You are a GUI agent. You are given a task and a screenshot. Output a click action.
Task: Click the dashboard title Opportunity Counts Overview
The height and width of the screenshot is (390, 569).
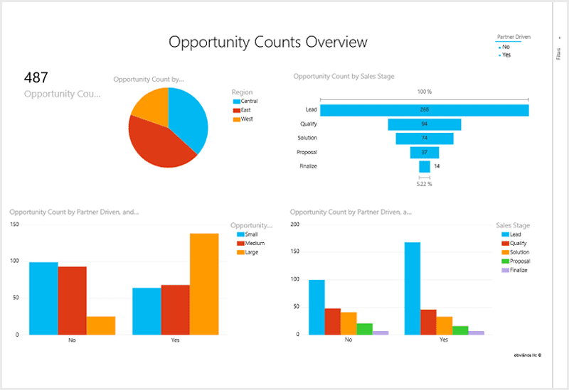point(268,42)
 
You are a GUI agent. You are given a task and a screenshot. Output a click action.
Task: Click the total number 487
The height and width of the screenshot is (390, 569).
point(36,77)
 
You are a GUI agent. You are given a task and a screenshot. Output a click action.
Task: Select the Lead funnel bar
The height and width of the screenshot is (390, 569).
point(424,110)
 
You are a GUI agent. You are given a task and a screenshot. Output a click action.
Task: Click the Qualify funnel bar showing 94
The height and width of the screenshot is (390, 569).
point(424,124)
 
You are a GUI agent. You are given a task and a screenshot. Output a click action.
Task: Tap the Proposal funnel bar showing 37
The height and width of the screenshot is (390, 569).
point(424,152)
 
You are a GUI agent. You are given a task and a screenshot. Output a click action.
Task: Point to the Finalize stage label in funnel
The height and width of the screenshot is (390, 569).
point(307,166)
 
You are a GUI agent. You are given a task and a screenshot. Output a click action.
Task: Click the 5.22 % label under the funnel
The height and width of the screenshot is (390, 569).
point(424,184)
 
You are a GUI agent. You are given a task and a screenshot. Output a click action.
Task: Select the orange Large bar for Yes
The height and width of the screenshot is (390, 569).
point(204,283)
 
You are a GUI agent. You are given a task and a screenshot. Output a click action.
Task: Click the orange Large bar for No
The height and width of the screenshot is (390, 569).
point(101,325)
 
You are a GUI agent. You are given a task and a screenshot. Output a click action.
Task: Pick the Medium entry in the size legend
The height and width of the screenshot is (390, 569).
point(250,243)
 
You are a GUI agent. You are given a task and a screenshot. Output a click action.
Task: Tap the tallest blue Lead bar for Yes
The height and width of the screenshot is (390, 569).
point(412,288)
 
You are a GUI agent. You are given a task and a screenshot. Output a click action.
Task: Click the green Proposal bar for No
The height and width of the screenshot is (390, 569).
point(364,329)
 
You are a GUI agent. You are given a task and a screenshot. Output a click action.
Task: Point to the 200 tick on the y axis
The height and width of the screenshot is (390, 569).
point(295,224)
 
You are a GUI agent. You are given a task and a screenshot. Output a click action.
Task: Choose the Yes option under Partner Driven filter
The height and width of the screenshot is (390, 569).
point(506,55)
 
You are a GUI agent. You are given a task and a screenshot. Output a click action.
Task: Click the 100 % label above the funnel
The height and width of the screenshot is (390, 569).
point(424,92)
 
